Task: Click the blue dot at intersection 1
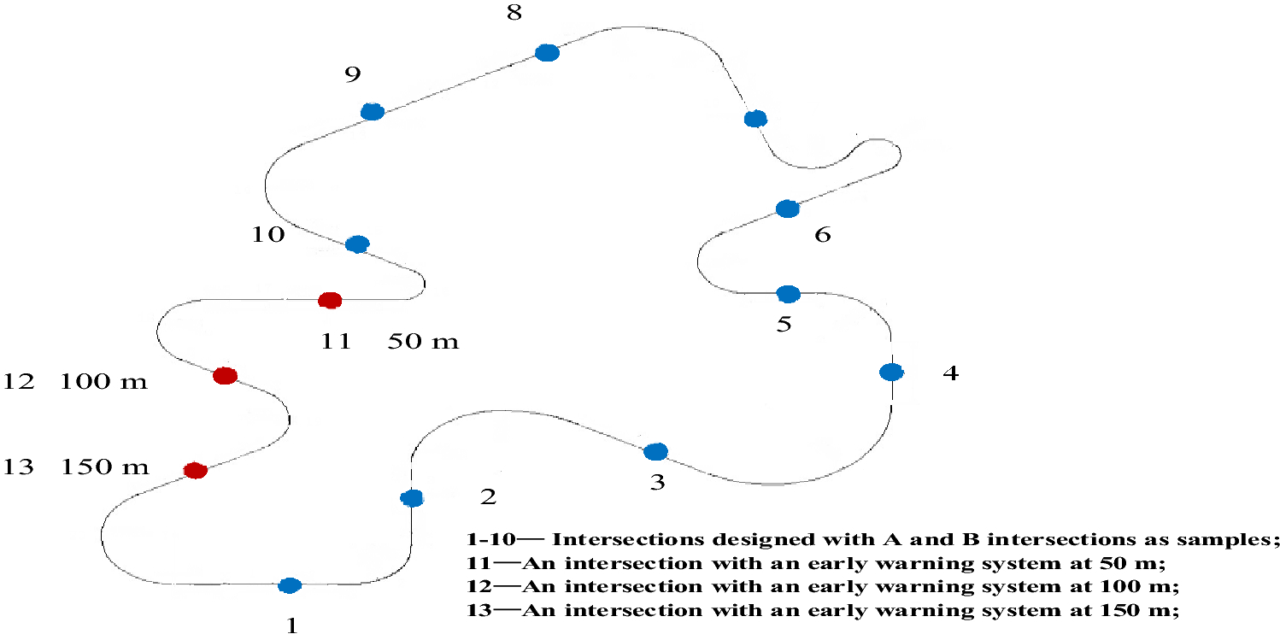290,585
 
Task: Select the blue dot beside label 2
412,498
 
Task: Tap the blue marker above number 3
655,451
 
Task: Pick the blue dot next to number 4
890,372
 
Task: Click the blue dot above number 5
788,294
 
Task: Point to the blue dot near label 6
787,208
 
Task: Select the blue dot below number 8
547,53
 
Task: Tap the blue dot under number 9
372,112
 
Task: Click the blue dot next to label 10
357,244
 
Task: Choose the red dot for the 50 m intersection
330,300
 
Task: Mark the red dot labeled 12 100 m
224,375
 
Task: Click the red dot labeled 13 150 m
196,470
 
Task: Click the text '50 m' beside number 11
423,342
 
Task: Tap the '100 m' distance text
103,381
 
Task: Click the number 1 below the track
292,625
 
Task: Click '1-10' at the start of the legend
487,540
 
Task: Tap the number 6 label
822,234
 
